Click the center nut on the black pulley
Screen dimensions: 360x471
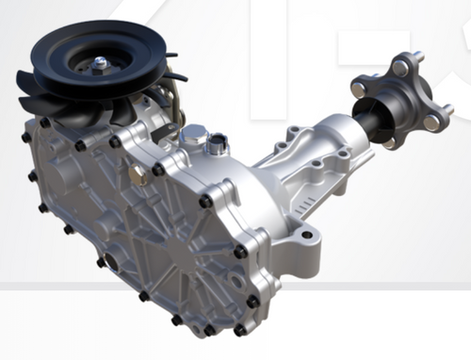click(99, 62)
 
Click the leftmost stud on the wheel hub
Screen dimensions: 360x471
click(358, 89)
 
